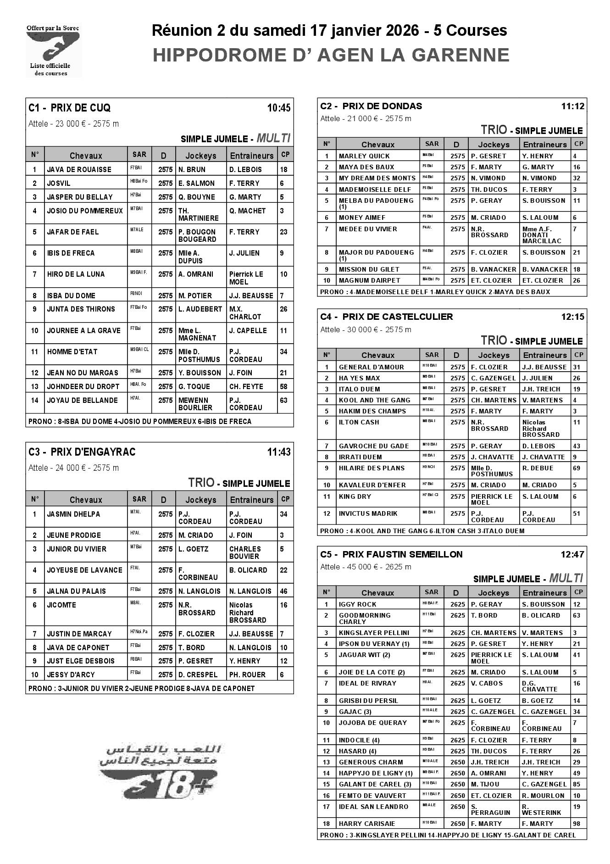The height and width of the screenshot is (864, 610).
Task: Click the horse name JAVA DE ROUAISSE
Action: [79, 169]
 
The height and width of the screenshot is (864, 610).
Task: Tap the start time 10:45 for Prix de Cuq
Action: [278, 108]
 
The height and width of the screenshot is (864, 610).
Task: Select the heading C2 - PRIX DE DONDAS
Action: [371, 106]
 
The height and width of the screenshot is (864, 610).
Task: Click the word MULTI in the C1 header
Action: [273, 138]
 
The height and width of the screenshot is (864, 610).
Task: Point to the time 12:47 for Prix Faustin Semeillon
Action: [572, 554]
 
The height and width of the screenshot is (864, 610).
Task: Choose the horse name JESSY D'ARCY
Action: [71, 674]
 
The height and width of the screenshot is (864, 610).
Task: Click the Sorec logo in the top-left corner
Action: [53, 50]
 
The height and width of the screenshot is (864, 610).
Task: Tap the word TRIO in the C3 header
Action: [201, 482]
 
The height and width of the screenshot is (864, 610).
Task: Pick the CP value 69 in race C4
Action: [577, 468]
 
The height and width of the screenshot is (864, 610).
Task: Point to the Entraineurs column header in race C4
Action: [545, 355]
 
